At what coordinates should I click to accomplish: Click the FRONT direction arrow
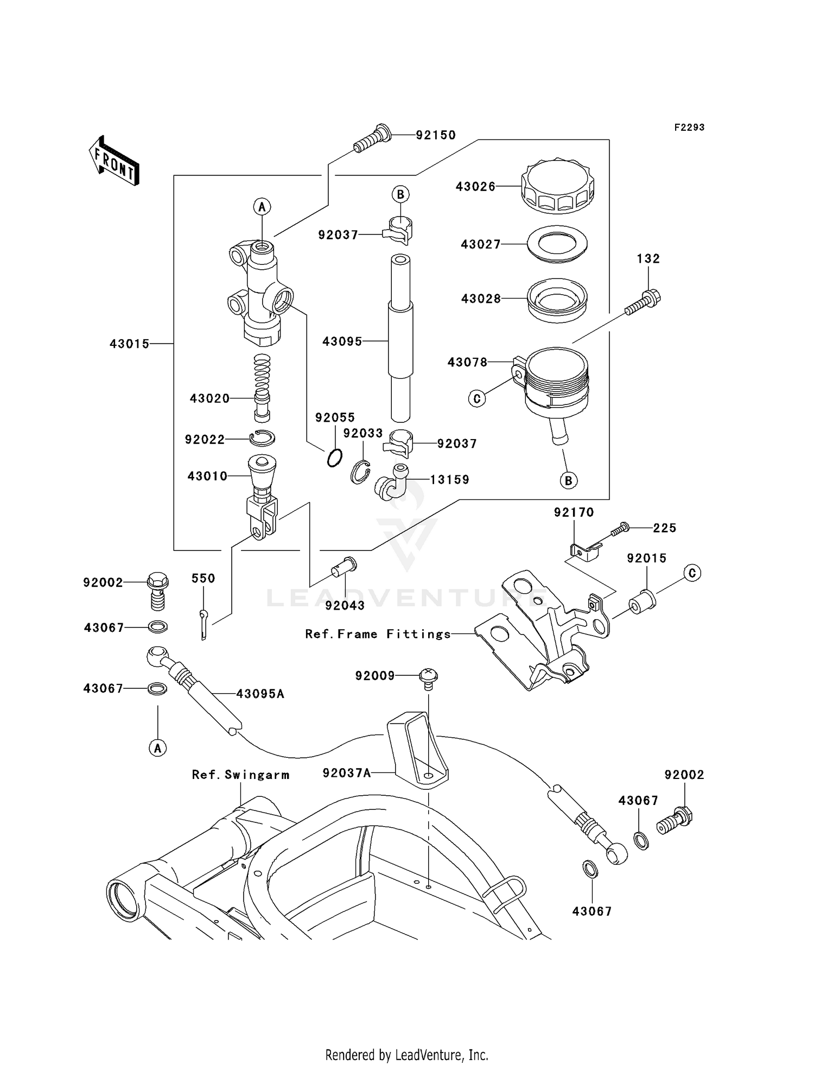(x=114, y=161)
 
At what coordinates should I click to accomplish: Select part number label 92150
(x=436, y=135)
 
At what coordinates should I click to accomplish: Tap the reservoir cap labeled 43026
(x=557, y=186)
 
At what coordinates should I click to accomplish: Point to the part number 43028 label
(x=480, y=299)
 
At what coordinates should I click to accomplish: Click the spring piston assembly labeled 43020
(x=262, y=388)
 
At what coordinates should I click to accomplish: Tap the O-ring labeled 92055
(x=335, y=458)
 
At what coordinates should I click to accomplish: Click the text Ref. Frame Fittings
(x=378, y=634)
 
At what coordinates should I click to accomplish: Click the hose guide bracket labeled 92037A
(x=418, y=749)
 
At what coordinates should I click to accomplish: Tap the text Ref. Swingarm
(x=240, y=775)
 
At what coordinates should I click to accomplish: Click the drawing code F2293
(x=689, y=128)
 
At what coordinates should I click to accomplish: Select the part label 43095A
(x=260, y=694)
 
